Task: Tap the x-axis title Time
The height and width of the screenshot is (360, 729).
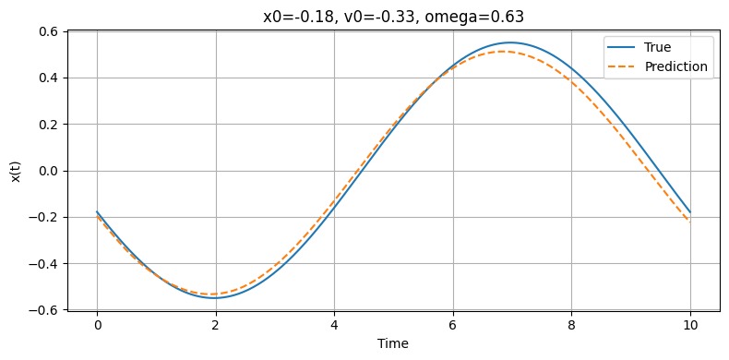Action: point(394,342)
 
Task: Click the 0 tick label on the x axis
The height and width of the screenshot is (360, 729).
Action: point(97,325)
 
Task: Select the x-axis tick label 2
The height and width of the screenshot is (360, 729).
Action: point(215,325)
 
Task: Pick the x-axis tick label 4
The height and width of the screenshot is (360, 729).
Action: point(334,325)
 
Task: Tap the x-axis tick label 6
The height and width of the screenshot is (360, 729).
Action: point(452,325)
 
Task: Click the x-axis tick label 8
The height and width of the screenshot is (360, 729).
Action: point(571,325)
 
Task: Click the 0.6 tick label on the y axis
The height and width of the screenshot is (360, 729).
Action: point(49,31)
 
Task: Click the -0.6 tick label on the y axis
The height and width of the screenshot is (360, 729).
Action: point(45,310)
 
